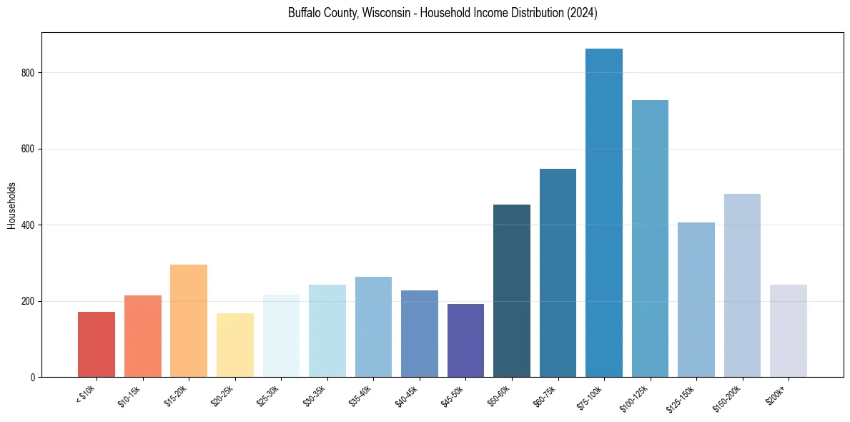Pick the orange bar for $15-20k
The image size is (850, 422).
[189, 321]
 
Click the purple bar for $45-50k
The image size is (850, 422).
[465, 340]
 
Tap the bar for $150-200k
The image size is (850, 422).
[742, 285]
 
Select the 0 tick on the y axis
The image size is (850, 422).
[34, 378]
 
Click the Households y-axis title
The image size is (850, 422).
[11, 205]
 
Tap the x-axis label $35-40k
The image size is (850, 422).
[362, 396]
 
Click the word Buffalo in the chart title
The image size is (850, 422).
[303, 14]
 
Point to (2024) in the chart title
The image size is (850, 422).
[583, 14]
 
